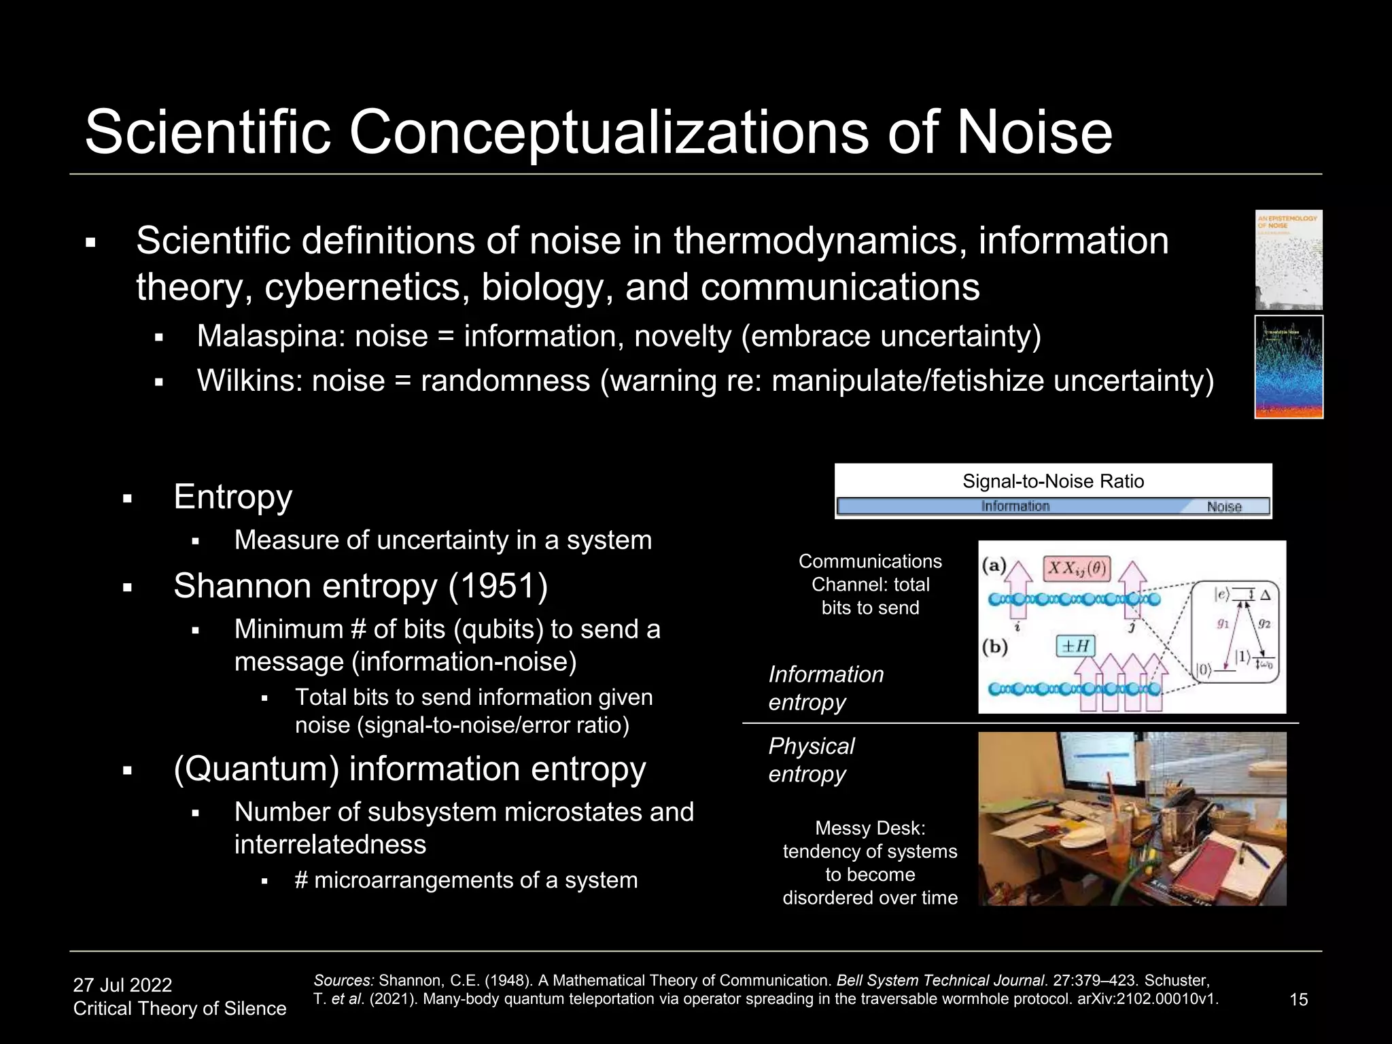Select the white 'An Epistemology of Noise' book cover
(x=1288, y=260)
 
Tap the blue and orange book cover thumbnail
(x=1288, y=367)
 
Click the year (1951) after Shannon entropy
(x=498, y=586)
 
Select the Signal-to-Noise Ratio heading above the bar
(x=1053, y=481)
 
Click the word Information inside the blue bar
(x=1015, y=506)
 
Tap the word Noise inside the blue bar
(x=1223, y=507)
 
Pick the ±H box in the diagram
(x=1076, y=646)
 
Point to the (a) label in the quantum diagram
(x=994, y=565)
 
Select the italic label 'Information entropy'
(x=826, y=688)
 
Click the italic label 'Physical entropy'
(x=811, y=760)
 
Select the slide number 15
(x=1298, y=999)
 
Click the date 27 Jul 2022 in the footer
(x=122, y=985)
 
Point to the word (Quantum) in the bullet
(x=256, y=769)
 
